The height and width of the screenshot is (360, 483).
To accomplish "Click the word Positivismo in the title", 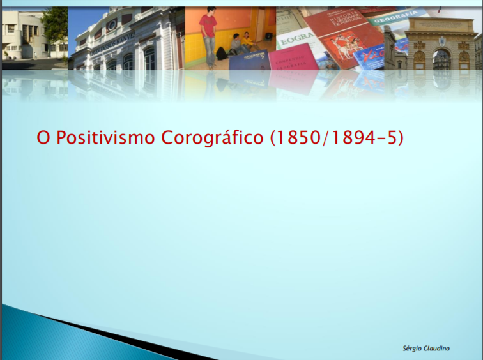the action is pyautogui.click(x=105, y=137).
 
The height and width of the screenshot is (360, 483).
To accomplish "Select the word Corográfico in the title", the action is pyautogui.click(x=212, y=138).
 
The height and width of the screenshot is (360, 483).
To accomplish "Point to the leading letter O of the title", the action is pyautogui.click(x=43, y=137).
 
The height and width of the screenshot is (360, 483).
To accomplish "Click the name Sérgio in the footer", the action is pyautogui.click(x=412, y=349).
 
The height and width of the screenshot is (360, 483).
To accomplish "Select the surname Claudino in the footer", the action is pyautogui.click(x=436, y=348).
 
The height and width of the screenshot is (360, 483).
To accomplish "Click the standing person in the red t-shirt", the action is pyautogui.click(x=208, y=36).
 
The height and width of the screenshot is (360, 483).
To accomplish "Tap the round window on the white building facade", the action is pyautogui.click(x=112, y=25).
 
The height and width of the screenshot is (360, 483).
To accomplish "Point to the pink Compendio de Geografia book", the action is pyautogui.click(x=293, y=59).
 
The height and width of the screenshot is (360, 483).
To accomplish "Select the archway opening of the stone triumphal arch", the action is pyautogui.click(x=441, y=59).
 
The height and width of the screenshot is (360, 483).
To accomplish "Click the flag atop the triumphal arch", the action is pyautogui.click(x=439, y=10).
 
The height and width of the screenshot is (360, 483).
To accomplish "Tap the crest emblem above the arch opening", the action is pyautogui.click(x=442, y=41).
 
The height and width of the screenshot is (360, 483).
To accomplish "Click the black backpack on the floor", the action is pyautogui.click(x=222, y=54).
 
